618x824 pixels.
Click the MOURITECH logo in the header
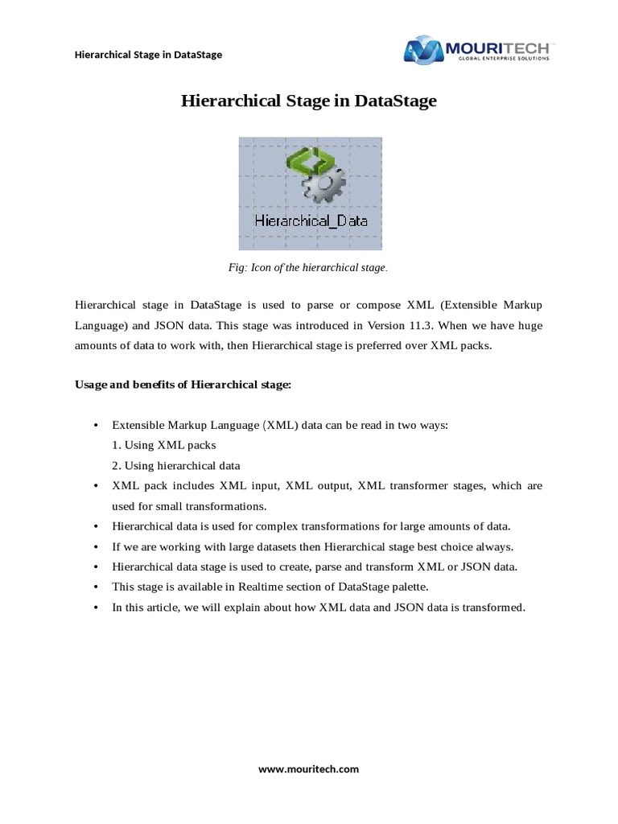(476, 49)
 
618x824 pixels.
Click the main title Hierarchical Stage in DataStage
(309, 101)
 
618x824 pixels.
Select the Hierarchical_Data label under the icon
(310, 220)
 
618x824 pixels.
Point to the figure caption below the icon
(309, 267)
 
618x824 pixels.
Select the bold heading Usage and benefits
(183, 385)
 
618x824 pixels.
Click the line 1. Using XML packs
(164, 444)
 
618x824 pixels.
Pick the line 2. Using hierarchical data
(176, 465)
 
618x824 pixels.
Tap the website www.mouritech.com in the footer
(308, 768)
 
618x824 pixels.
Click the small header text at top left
(148, 55)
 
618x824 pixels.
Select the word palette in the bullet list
(408, 587)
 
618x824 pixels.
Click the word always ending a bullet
(496, 546)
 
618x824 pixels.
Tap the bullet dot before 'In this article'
(97, 608)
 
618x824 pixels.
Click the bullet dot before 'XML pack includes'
(97, 486)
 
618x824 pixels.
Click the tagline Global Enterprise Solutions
(504, 58)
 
